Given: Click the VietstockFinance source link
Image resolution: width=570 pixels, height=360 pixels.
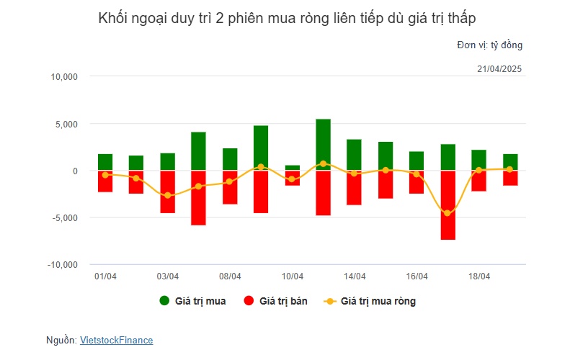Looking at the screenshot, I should pos(116,341).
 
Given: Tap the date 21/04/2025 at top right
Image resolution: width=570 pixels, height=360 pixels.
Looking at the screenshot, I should pos(499,69).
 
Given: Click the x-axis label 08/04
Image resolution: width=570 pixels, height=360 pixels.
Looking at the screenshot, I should pos(230,276).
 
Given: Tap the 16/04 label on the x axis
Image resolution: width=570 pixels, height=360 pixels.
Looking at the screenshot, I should pos(417,276).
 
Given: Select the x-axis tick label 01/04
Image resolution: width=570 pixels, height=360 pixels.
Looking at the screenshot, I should pos(105,276).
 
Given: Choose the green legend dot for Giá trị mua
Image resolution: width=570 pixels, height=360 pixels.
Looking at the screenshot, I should pos(164,301).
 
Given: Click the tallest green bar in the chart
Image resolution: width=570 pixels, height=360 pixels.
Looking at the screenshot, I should pos(323,144).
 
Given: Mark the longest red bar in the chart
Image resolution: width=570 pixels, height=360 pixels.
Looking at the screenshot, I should pos(447,205).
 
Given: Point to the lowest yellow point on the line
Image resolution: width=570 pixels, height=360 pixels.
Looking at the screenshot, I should pos(447,213).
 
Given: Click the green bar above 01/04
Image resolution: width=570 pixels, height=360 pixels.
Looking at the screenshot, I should pos(105,162).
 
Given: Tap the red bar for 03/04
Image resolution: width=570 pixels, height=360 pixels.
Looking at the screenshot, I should pos(167,192).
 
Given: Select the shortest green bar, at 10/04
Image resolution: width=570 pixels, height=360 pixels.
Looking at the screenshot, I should pos(292,168).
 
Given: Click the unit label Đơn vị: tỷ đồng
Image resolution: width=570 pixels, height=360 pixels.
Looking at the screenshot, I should pos(489,45).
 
